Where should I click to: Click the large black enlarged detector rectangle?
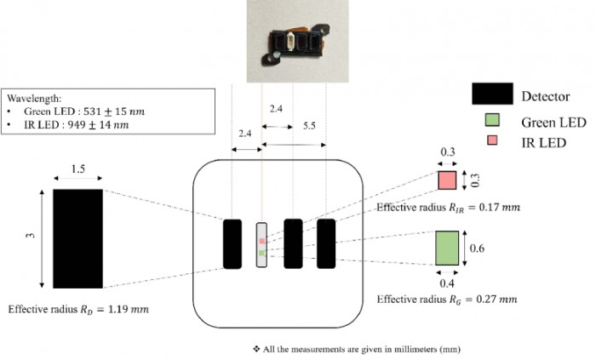tap(78, 237)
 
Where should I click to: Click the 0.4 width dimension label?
tap(448, 283)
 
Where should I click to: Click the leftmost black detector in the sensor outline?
tap(232, 244)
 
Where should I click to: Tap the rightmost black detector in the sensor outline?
tap(326, 244)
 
